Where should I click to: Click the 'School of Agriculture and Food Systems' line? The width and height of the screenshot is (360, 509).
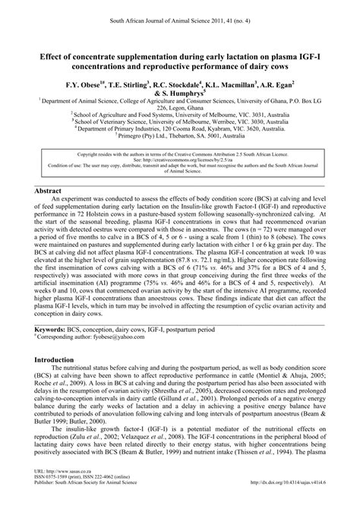click(180, 114)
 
